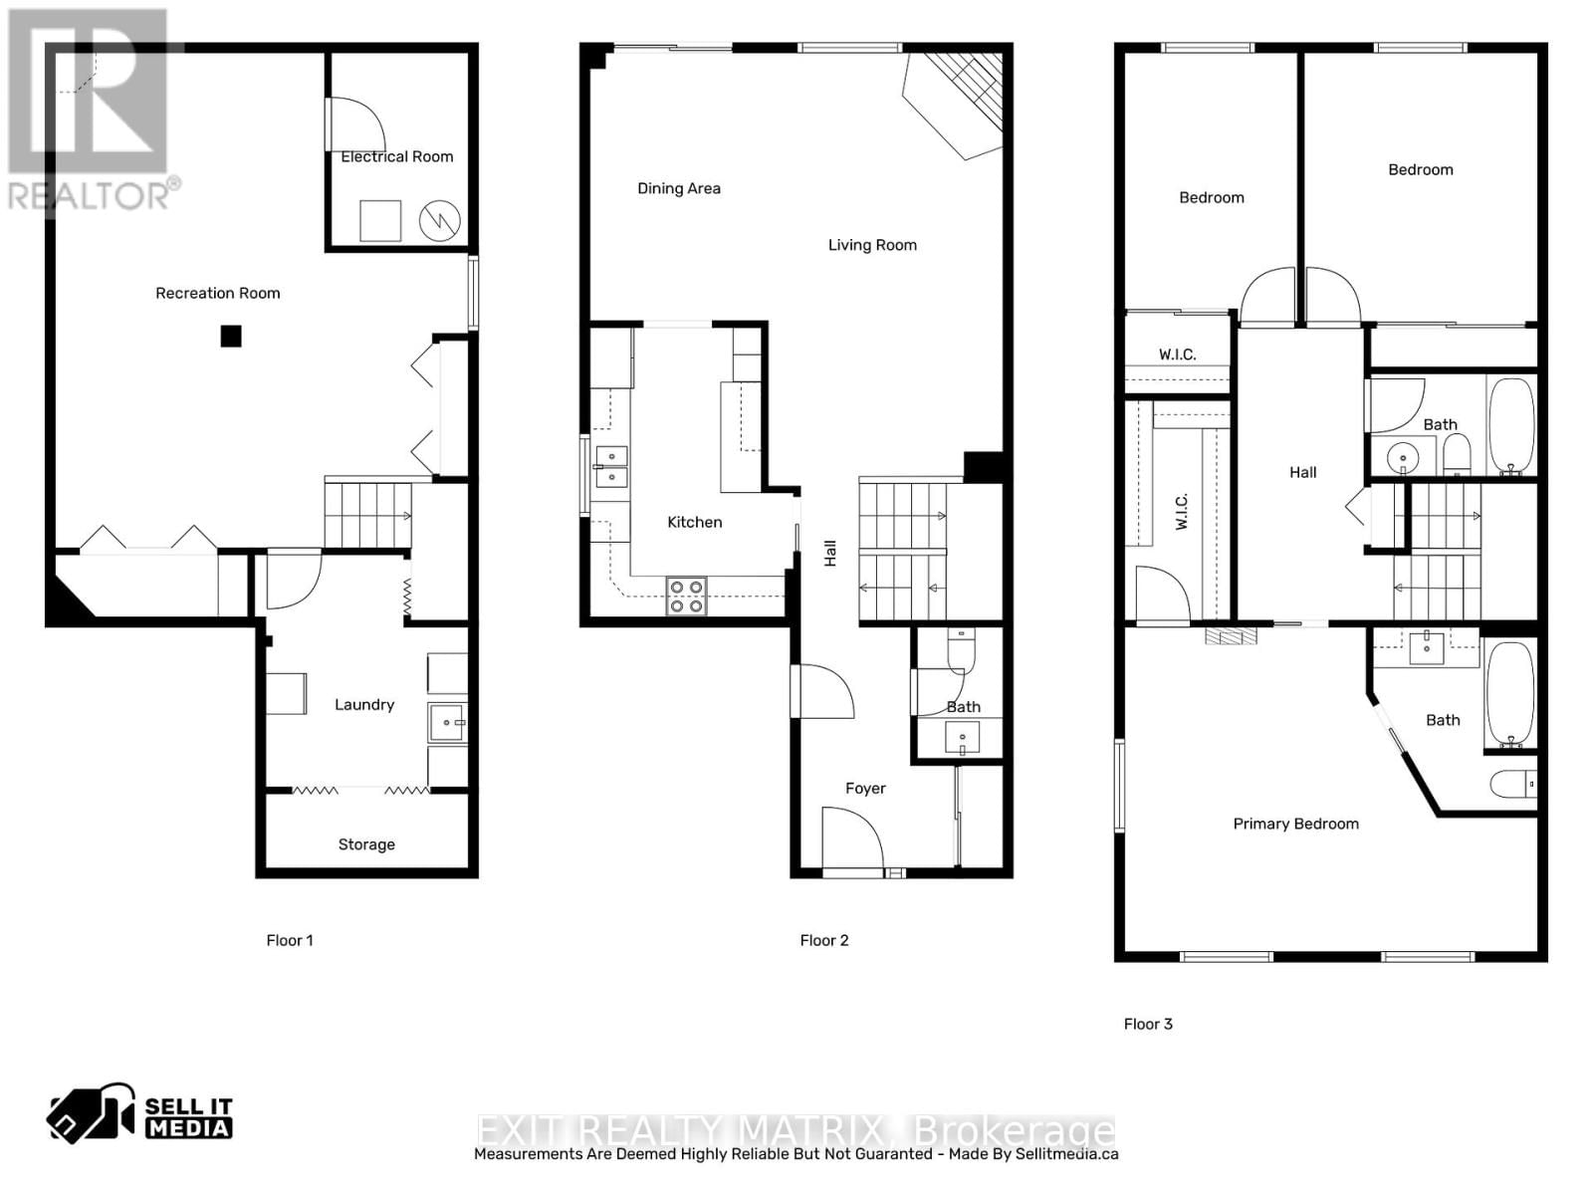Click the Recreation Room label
[x=217, y=293]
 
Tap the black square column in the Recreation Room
[x=231, y=337]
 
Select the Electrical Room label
[x=396, y=156]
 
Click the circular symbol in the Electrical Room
[x=439, y=221]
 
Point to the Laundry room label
[x=364, y=704]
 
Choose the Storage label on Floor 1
[x=366, y=844]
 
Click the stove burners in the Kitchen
[x=687, y=596]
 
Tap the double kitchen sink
[x=611, y=466]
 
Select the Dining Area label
[x=679, y=188]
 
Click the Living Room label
[x=872, y=245]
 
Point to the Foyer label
[x=865, y=788]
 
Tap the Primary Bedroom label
[x=1295, y=824]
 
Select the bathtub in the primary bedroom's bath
[x=1510, y=694]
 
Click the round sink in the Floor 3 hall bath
[x=1404, y=459]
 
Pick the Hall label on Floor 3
[x=1302, y=473]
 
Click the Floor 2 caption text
[x=824, y=940]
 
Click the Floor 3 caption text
[x=1148, y=1024]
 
